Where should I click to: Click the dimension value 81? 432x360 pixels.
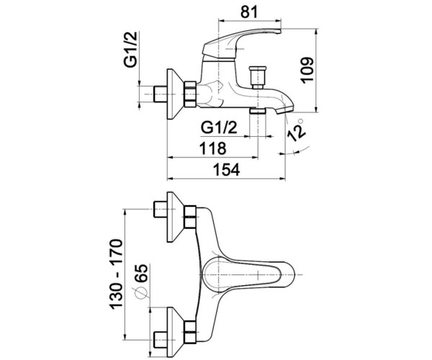(x=249, y=12)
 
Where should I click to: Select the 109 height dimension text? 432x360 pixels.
(x=307, y=70)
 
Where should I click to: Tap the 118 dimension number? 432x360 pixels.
(x=212, y=148)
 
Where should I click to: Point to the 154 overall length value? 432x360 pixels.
(x=227, y=169)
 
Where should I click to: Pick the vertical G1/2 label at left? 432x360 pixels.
(x=130, y=50)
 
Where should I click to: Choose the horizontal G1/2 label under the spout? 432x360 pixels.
(x=219, y=127)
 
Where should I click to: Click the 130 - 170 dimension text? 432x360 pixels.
(x=116, y=274)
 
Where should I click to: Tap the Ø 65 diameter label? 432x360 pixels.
(x=142, y=282)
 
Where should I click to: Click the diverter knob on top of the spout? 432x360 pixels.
(x=258, y=77)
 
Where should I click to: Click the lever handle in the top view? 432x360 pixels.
(x=248, y=274)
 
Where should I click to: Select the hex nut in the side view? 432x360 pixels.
(x=190, y=94)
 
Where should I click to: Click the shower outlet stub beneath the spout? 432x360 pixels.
(x=258, y=111)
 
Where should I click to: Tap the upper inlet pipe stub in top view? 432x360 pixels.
(x=160, y=210)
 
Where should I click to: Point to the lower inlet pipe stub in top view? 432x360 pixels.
(x=160, y=340)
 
